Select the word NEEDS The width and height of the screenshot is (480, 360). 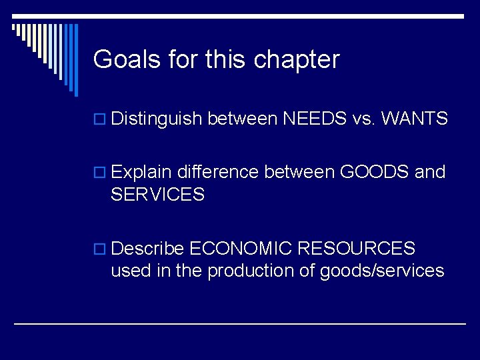pos(315,119)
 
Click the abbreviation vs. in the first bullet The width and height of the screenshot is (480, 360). pos(365,119)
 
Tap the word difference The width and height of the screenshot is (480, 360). pos(219,173)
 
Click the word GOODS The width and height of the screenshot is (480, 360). pos(374,173)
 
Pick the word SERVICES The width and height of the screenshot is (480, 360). pos(157,195)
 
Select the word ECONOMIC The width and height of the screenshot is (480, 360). pos(241,249)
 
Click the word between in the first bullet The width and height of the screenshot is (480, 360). pos(243,119)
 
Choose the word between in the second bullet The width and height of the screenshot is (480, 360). pos(299,173)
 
